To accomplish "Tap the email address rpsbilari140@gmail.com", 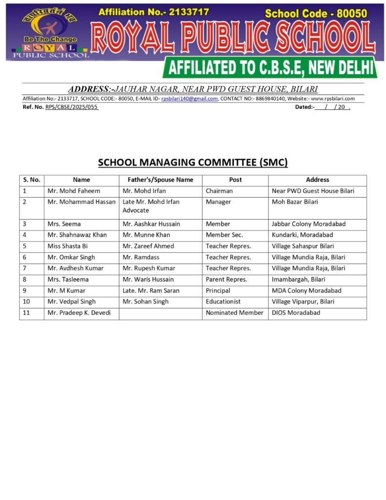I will coord(189,99).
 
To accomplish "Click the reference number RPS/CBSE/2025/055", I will coord(72,107).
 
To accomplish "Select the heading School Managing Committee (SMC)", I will coord(193,163).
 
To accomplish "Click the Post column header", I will coord(235,180).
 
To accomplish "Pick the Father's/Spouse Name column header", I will coord(161,180).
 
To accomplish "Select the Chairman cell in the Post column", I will coord(219,191).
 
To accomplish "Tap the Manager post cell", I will coord(218,202).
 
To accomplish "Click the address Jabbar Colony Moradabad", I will coord(308,224).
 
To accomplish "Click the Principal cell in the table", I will coord(218,291).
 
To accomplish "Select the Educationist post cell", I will coord(223,302).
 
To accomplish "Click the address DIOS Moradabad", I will coord(296,312).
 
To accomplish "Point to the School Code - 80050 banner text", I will coord(316,14).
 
